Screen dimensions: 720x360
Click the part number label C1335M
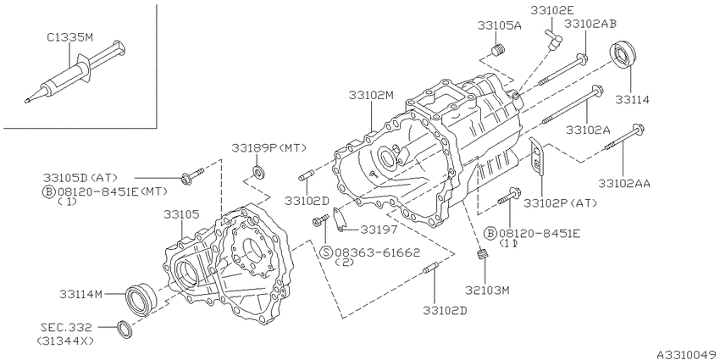pos(69,37)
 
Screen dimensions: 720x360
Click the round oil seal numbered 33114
pos(623,55)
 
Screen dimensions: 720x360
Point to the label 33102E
pos(553,10)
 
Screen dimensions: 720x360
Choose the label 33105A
pos(499,25)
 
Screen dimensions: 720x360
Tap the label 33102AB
pos(590,24)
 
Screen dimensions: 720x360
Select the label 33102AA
pos(624,183)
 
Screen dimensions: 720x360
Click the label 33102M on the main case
pos(371,95)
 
